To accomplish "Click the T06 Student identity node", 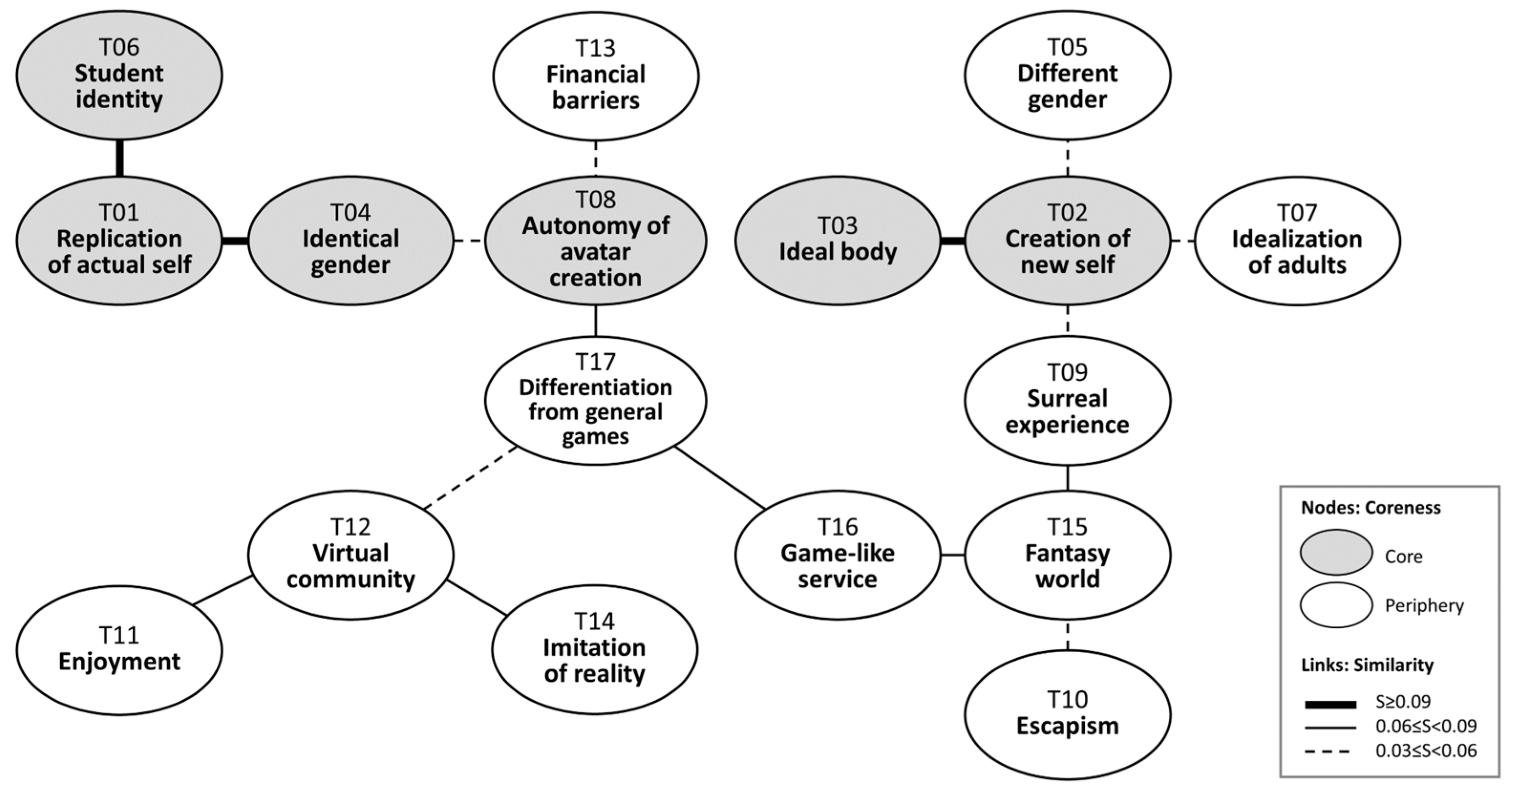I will (x=119, y=75).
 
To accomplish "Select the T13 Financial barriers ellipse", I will (x=595, y=76).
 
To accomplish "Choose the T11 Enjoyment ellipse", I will (x=119, y=650).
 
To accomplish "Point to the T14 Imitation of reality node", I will (x=594, y=649).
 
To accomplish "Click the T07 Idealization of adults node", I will (x=1297, y=240).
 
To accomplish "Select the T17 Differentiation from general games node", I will (x=595, y=400).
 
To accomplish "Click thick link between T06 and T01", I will (x=119, y=158).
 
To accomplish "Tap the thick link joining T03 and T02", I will (x=952, y=240).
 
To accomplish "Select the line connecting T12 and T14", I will (x=477, y=597).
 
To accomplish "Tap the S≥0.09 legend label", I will (x=1403, y=701).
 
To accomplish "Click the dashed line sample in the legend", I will (x=1330, y=751).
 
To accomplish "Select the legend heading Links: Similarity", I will (x=1367, y=665).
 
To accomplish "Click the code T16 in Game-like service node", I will (x=837, y=527).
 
